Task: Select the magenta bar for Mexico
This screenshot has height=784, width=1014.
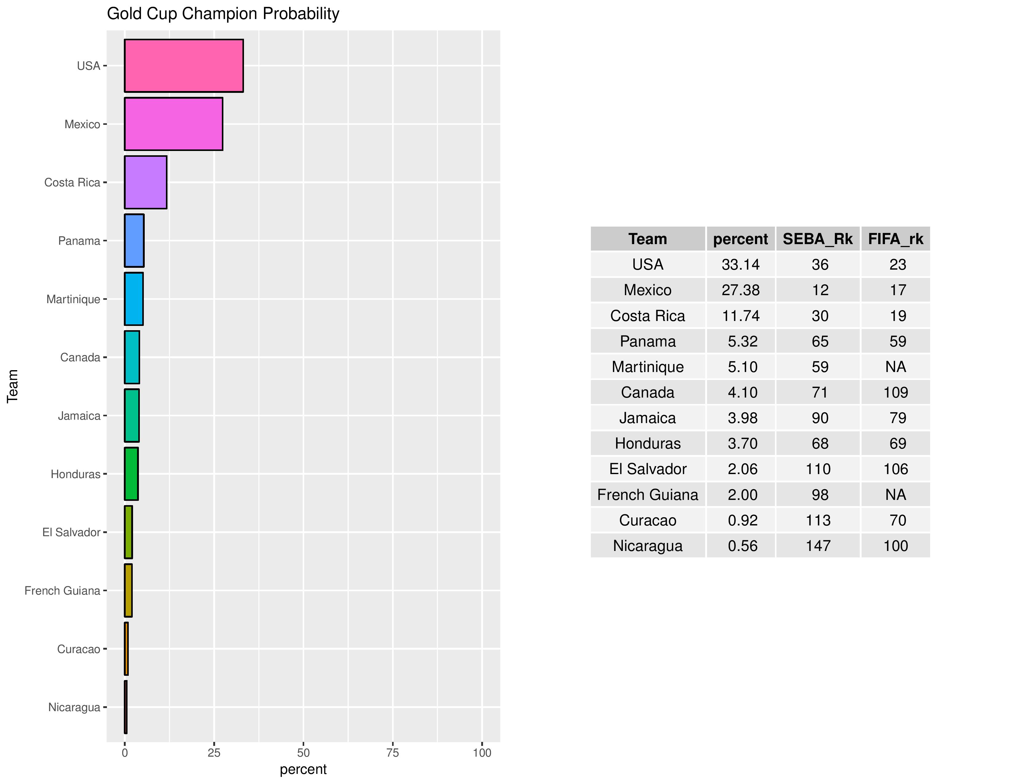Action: coord(173,124)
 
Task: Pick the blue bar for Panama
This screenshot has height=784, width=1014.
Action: coord(134,241)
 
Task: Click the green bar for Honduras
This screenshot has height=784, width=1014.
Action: coord(132,474)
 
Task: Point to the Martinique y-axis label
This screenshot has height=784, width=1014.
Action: coord(73,299)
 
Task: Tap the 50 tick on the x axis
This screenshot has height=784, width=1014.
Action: coord(303,753)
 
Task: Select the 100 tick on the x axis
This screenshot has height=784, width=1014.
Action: coord(482,753)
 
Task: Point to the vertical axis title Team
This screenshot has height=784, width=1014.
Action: coord(13,386)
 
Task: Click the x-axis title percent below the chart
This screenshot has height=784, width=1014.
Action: coord(303,770)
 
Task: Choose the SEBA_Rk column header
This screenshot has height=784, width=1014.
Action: coord(818,239)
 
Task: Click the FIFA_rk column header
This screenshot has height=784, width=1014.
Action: coord(896,239)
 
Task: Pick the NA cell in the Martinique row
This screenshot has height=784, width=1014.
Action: coord(896,367)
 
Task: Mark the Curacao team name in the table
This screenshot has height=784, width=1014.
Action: coord(648,520)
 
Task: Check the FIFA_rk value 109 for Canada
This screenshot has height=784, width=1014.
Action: coord(896,393)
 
